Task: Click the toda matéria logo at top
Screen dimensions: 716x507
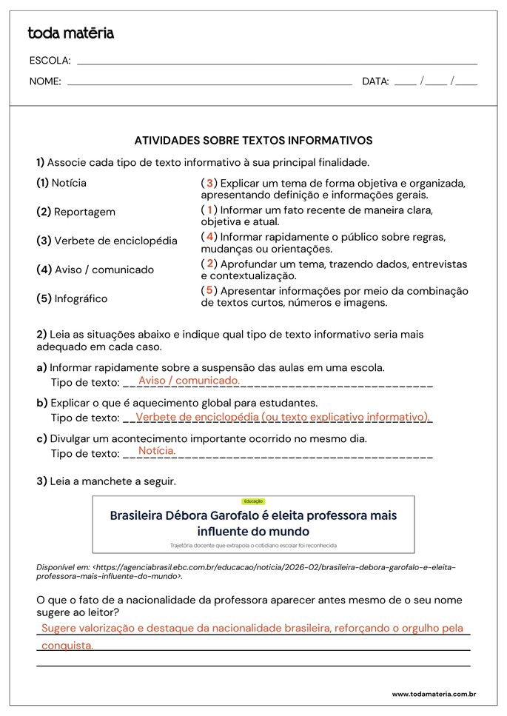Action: pos(70,33)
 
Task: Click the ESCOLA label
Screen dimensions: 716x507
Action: pos(50,61)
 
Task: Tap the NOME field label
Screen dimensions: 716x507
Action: pos(45,81)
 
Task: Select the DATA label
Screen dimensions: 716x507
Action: pos(375,81)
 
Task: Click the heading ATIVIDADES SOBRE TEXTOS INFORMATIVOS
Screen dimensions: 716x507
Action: pos(253,140)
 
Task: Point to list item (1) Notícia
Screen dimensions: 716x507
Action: pos(61,183)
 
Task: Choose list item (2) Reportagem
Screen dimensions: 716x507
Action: pos(75,212)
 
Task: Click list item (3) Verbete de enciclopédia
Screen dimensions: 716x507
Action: pos(107,241)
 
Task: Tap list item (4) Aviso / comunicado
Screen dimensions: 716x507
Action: pos(95,270)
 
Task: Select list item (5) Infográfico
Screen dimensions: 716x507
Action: pos(72,298)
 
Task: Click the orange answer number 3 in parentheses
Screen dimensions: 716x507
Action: pos(209,183)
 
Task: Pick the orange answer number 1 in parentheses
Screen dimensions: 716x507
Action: pos(209,210)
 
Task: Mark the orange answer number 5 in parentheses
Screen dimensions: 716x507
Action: pos(209,291)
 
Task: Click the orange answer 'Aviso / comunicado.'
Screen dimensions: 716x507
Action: pos(189,381)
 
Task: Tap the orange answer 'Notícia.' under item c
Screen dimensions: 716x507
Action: pos(157,450)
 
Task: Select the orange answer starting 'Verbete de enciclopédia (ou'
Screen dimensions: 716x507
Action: pos(282,417)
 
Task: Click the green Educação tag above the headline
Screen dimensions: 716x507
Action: pos(253,501)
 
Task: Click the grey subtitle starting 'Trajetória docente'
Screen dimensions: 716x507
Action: pos(253,545)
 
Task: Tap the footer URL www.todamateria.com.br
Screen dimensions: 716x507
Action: pos(433,694)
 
